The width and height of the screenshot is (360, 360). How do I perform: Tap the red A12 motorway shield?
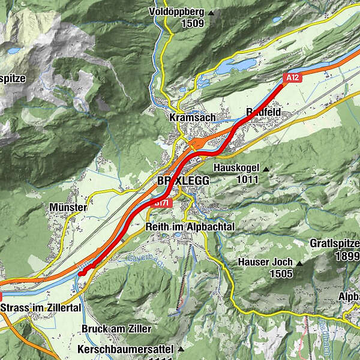[292, 77]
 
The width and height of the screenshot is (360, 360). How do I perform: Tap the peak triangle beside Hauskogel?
[266, 170]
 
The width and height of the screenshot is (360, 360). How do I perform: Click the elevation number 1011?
[247, 179]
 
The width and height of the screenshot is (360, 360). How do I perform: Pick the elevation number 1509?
[191, 24]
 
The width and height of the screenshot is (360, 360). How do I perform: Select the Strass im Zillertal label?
[41, 308]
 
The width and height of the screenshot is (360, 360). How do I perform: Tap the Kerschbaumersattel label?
[126, 349]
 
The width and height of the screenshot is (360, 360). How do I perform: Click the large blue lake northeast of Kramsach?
[234, 67]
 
